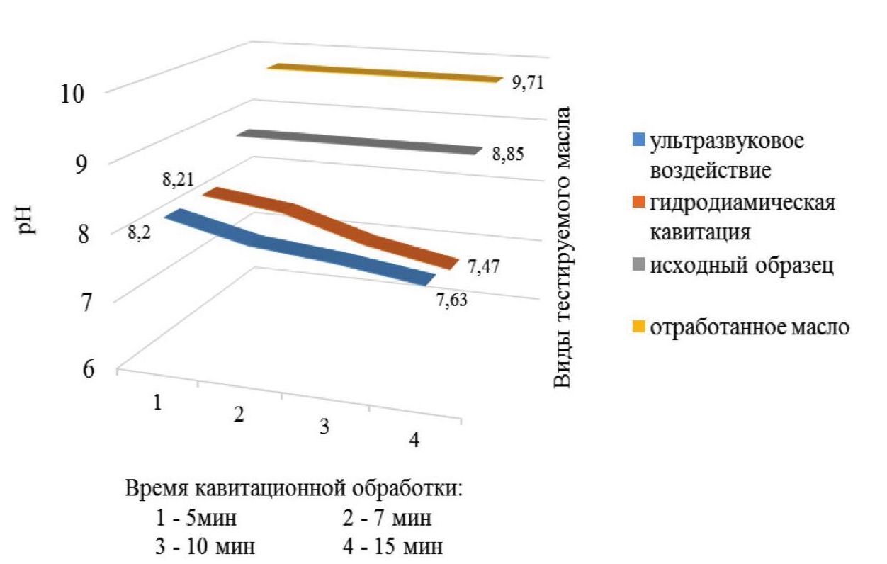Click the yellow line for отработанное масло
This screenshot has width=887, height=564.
[x=383, y=73]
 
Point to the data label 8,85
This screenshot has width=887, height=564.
[x=508, y=153]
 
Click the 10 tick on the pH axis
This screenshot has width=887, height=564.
[x=74, y=94]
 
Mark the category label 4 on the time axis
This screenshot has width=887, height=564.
[x=414, y=439]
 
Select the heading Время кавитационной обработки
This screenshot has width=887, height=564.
[x=294, y=489]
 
